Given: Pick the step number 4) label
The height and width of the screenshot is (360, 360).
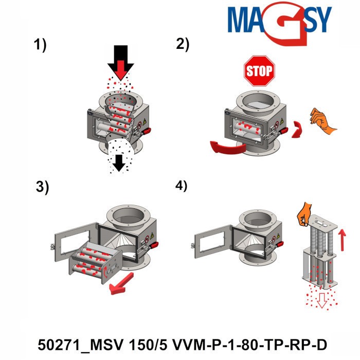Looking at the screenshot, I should (182, 186).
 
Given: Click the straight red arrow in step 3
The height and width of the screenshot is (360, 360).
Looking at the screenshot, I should (123, 283).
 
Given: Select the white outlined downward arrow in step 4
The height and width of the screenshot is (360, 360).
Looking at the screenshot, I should (322, 300).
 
